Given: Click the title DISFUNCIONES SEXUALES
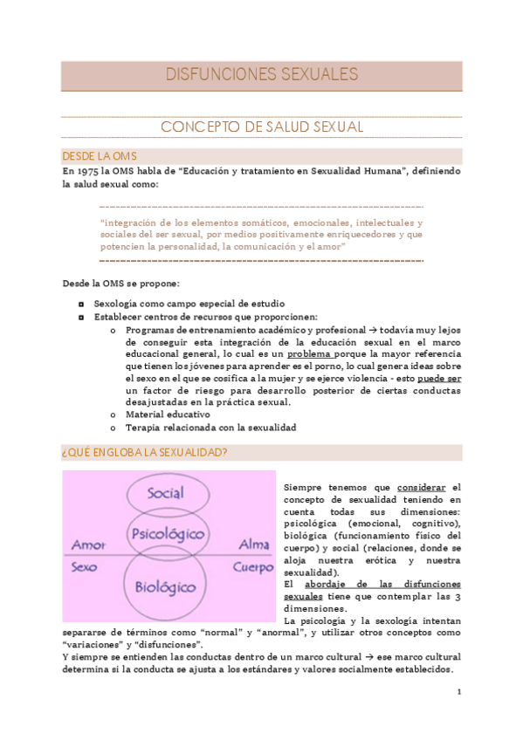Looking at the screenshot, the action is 262,75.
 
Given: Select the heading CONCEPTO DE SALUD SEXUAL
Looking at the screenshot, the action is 262,127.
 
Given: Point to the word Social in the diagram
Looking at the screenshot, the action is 165,494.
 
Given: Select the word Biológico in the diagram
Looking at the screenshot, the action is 166,586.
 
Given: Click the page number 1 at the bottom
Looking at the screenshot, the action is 458,691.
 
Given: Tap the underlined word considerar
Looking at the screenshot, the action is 422,486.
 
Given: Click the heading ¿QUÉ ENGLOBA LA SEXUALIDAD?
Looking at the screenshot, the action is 145,452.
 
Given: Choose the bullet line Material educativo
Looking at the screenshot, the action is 168,415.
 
